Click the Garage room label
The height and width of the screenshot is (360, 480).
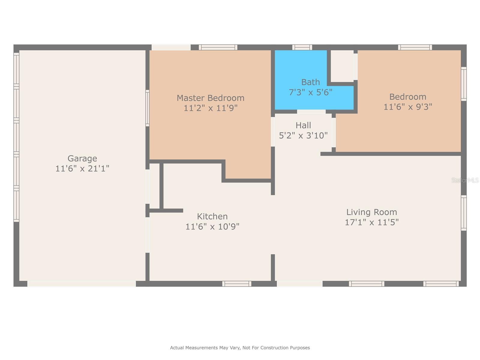(82, 159)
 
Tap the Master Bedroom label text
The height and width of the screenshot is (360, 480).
(210, 98)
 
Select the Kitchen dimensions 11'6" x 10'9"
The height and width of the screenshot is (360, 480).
(212, 226)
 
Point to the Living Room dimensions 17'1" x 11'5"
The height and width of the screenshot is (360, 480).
(372, 222)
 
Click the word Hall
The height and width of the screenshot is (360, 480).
(303, 125)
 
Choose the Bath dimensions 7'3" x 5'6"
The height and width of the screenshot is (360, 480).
(310, 92)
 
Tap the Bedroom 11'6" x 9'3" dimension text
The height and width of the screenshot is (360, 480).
(408, 107)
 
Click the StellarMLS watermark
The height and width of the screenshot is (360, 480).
(465, 180)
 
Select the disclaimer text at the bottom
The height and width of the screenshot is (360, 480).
(240, 347)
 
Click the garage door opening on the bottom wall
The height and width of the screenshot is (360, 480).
(82, 284)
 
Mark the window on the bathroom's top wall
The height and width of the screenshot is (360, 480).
(302, 47)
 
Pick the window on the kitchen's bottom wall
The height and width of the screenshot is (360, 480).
(237, 284)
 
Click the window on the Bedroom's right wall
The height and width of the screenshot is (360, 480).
(463, 84)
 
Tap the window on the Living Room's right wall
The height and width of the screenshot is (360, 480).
(463, 213)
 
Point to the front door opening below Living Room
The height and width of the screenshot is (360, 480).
(300, 284)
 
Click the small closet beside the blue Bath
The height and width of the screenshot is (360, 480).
(342, 66)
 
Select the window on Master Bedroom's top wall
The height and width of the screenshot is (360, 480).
(218, 47)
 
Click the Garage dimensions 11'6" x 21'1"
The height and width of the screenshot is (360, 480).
(82, 169)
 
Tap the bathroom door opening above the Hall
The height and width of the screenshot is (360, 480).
(311, 112)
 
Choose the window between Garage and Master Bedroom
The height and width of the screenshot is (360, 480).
(147, 108)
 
